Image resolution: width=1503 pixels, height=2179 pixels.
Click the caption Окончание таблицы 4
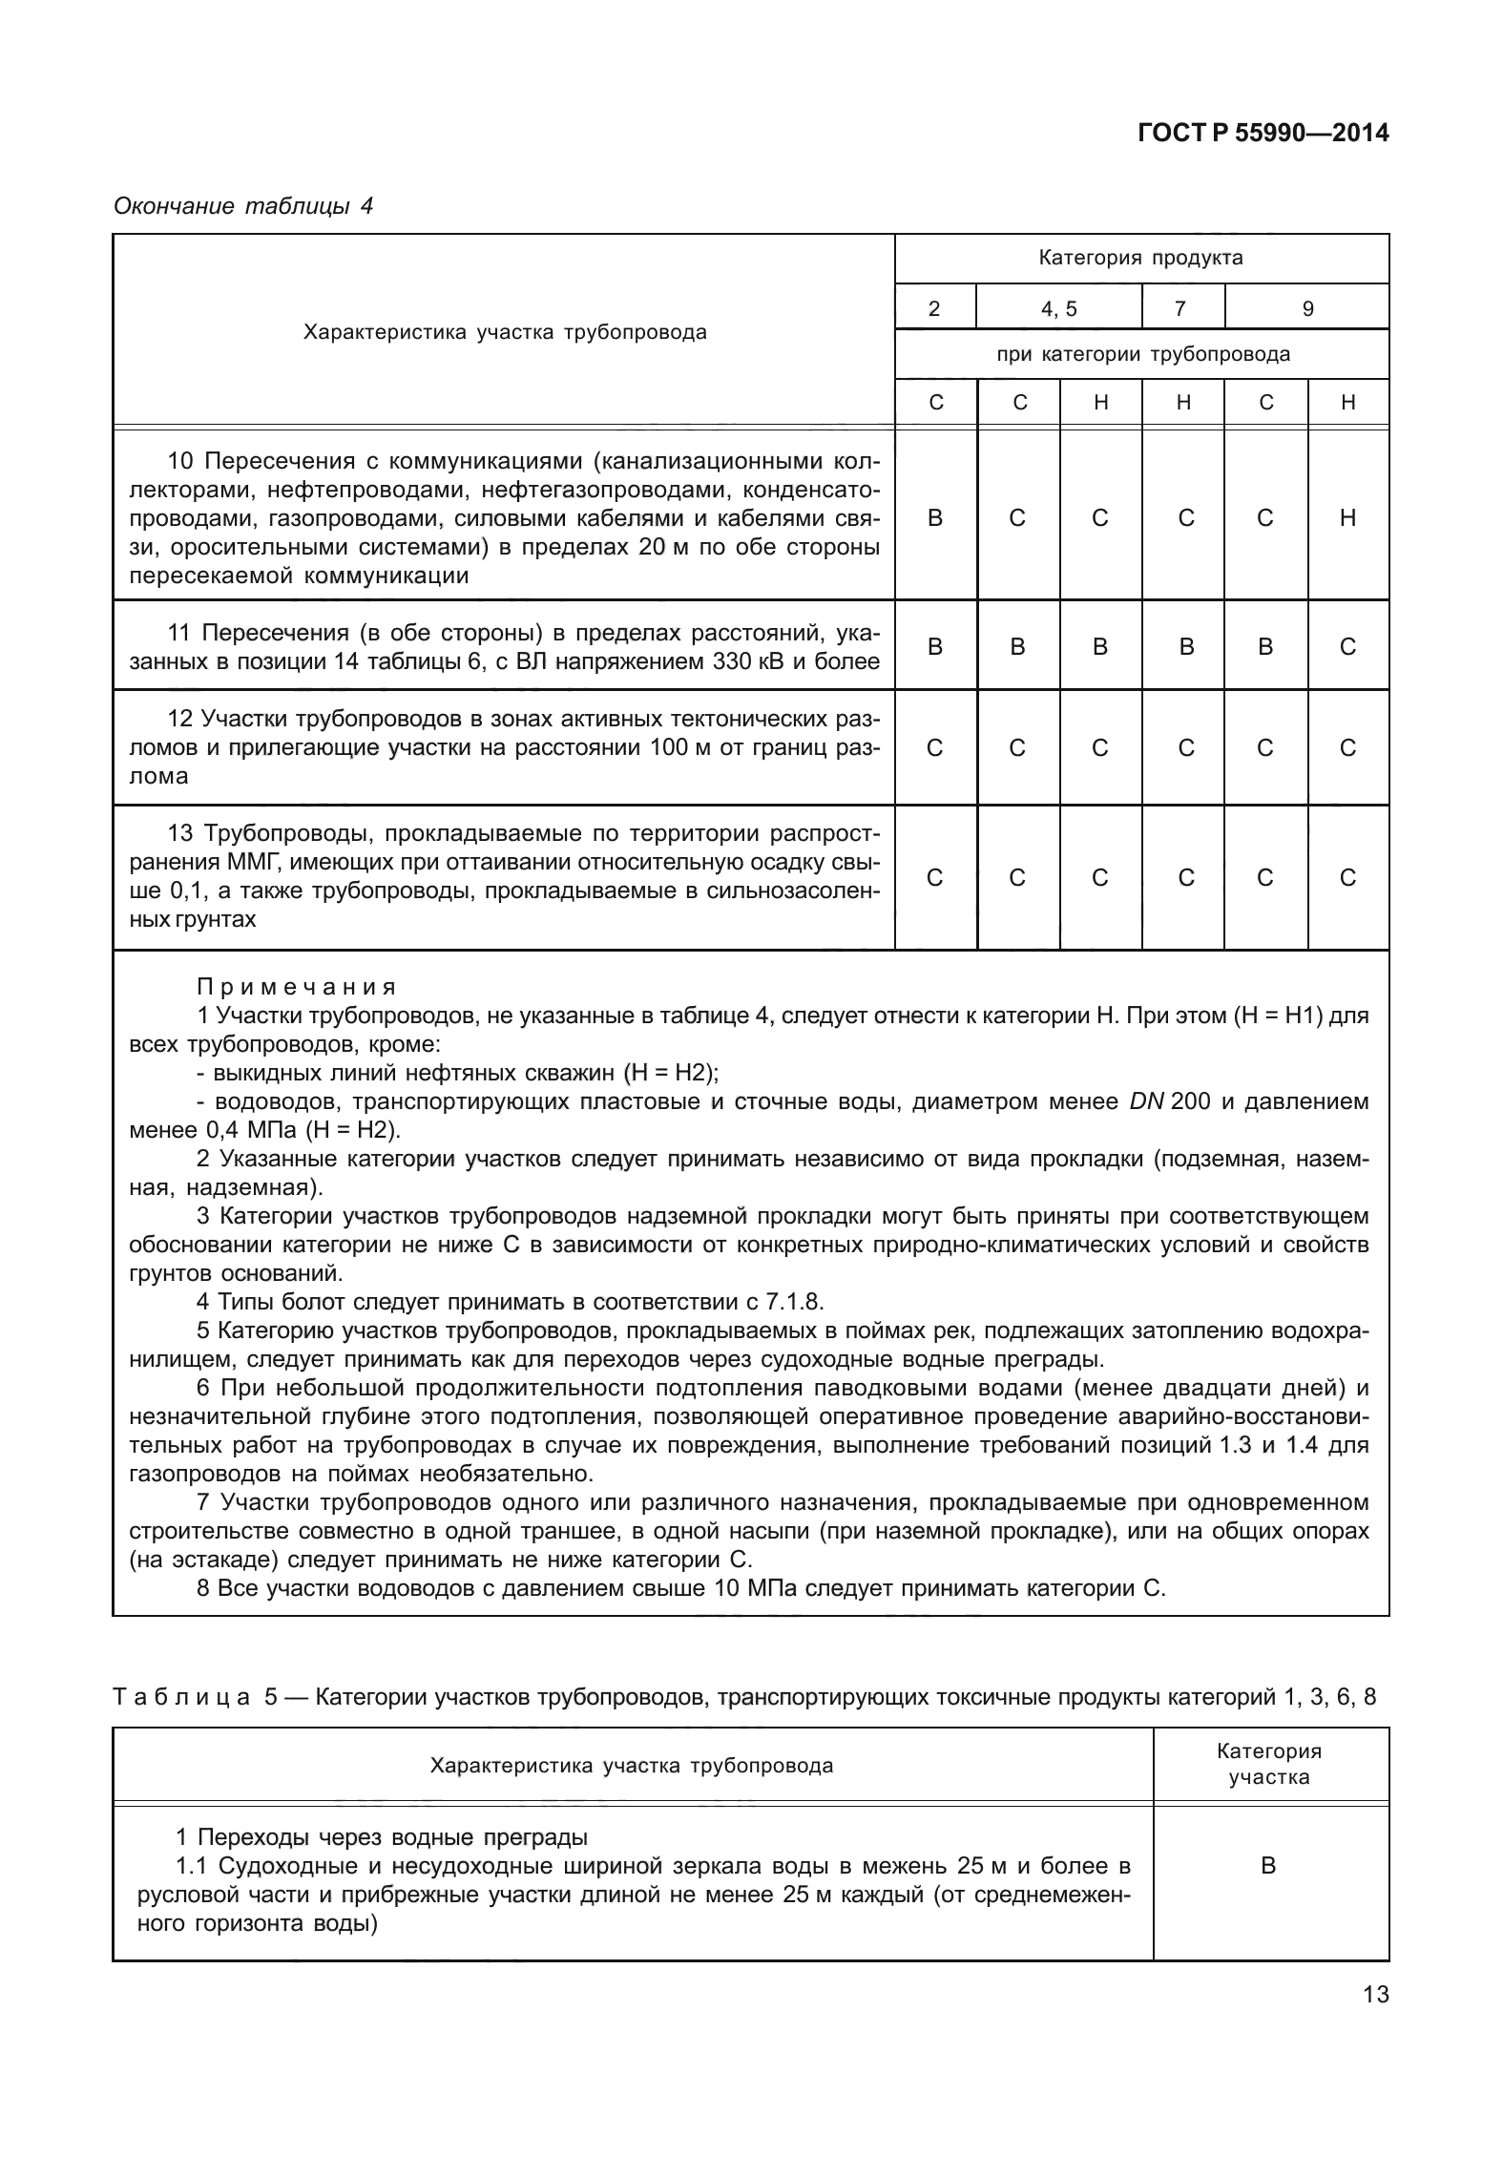click(243, 206)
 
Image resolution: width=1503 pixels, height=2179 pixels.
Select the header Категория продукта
click(1140, 258)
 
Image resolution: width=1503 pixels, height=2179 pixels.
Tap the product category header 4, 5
click(1058, 308)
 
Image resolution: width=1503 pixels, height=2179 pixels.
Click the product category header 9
click(1307, 308)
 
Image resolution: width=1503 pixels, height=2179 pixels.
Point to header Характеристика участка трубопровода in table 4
click(505, 332)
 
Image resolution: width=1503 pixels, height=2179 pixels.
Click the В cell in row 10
click(935, 518)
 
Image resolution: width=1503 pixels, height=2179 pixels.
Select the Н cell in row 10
click(1347, 518)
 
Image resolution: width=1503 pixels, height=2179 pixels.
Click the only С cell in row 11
click(1347, 647)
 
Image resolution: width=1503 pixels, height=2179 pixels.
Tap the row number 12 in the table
click(180, 719)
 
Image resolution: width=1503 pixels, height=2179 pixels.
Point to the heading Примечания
click(297, 986)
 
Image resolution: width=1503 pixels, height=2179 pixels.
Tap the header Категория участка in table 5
click(1268, 1764)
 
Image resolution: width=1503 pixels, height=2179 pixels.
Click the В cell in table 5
click(1268, 1865)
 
